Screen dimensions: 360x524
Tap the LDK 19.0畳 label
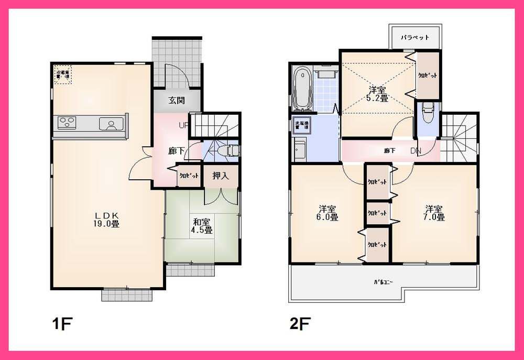click(107, 220)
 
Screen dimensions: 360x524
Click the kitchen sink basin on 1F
click(111, 124)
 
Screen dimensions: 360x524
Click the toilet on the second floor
click(427, 112)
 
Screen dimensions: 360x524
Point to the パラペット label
click(415, 37)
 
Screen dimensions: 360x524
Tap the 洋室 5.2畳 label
click(377, 93)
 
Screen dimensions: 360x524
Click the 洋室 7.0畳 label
click(435, 212)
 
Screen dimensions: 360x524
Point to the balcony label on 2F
click(384, 282)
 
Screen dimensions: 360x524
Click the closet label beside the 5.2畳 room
click(428, 75)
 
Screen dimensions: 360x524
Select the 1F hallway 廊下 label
click(176, 151)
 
